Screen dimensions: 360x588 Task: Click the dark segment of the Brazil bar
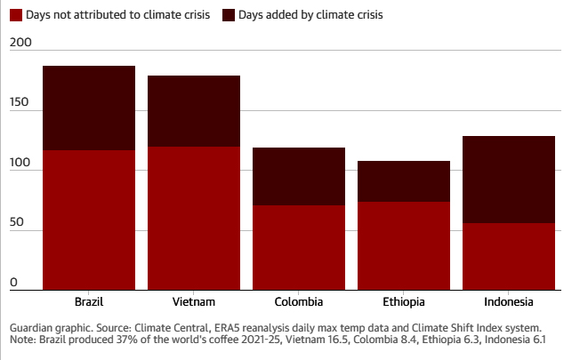tap(89, 108)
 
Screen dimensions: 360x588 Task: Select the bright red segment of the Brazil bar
tap(89, 220)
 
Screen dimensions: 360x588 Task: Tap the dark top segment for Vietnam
tap(194, 111)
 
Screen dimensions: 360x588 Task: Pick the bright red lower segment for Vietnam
tap(194, 218)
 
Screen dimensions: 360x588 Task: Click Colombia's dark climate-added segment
tap(299, 176)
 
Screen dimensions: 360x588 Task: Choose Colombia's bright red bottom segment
tap(299, 247)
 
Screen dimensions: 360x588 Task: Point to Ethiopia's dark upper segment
tap(404, 181)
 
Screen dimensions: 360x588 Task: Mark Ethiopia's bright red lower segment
tap(404, 245)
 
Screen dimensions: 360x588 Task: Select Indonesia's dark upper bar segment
tap(509, 180)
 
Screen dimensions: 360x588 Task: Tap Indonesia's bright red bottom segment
tap(509, 256)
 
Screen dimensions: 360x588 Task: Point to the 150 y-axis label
tap(20, 103)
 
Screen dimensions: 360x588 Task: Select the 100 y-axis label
tap(20, 164)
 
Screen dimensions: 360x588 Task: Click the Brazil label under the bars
tap(89, 301)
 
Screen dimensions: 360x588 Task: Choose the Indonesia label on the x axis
tap(509, 301)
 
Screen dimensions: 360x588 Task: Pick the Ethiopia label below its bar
tap(404, 301)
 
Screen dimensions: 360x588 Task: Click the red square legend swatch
tap(16, 15)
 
